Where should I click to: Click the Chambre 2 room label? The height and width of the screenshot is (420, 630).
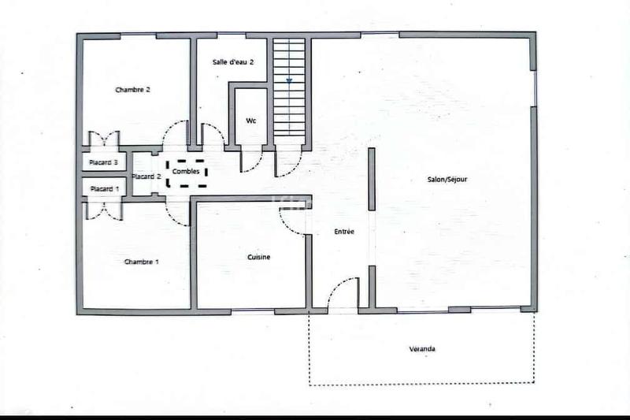pos(132,90)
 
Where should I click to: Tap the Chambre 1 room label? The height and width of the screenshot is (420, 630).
pos(142,261)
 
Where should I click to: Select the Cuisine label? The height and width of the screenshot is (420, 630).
pos(260,257)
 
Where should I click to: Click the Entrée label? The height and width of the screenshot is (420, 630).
pos(344,232)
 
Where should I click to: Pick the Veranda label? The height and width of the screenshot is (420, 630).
pos(422,348)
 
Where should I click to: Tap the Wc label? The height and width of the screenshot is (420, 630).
pos(251,121)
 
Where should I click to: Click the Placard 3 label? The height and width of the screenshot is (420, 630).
pos(104,163)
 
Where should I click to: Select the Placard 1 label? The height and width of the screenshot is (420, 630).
pos(104,188)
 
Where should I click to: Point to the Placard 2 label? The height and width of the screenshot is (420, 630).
pos(146,177)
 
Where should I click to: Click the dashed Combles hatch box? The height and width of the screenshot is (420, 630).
pos(187,173)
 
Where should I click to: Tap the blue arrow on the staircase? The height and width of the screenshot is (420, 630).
pos(289,80)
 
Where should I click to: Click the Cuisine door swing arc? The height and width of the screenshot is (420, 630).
pos(293,223)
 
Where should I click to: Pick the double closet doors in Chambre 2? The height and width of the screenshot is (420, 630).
pos(103,139)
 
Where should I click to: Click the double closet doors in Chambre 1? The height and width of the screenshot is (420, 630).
pos(103,210)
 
